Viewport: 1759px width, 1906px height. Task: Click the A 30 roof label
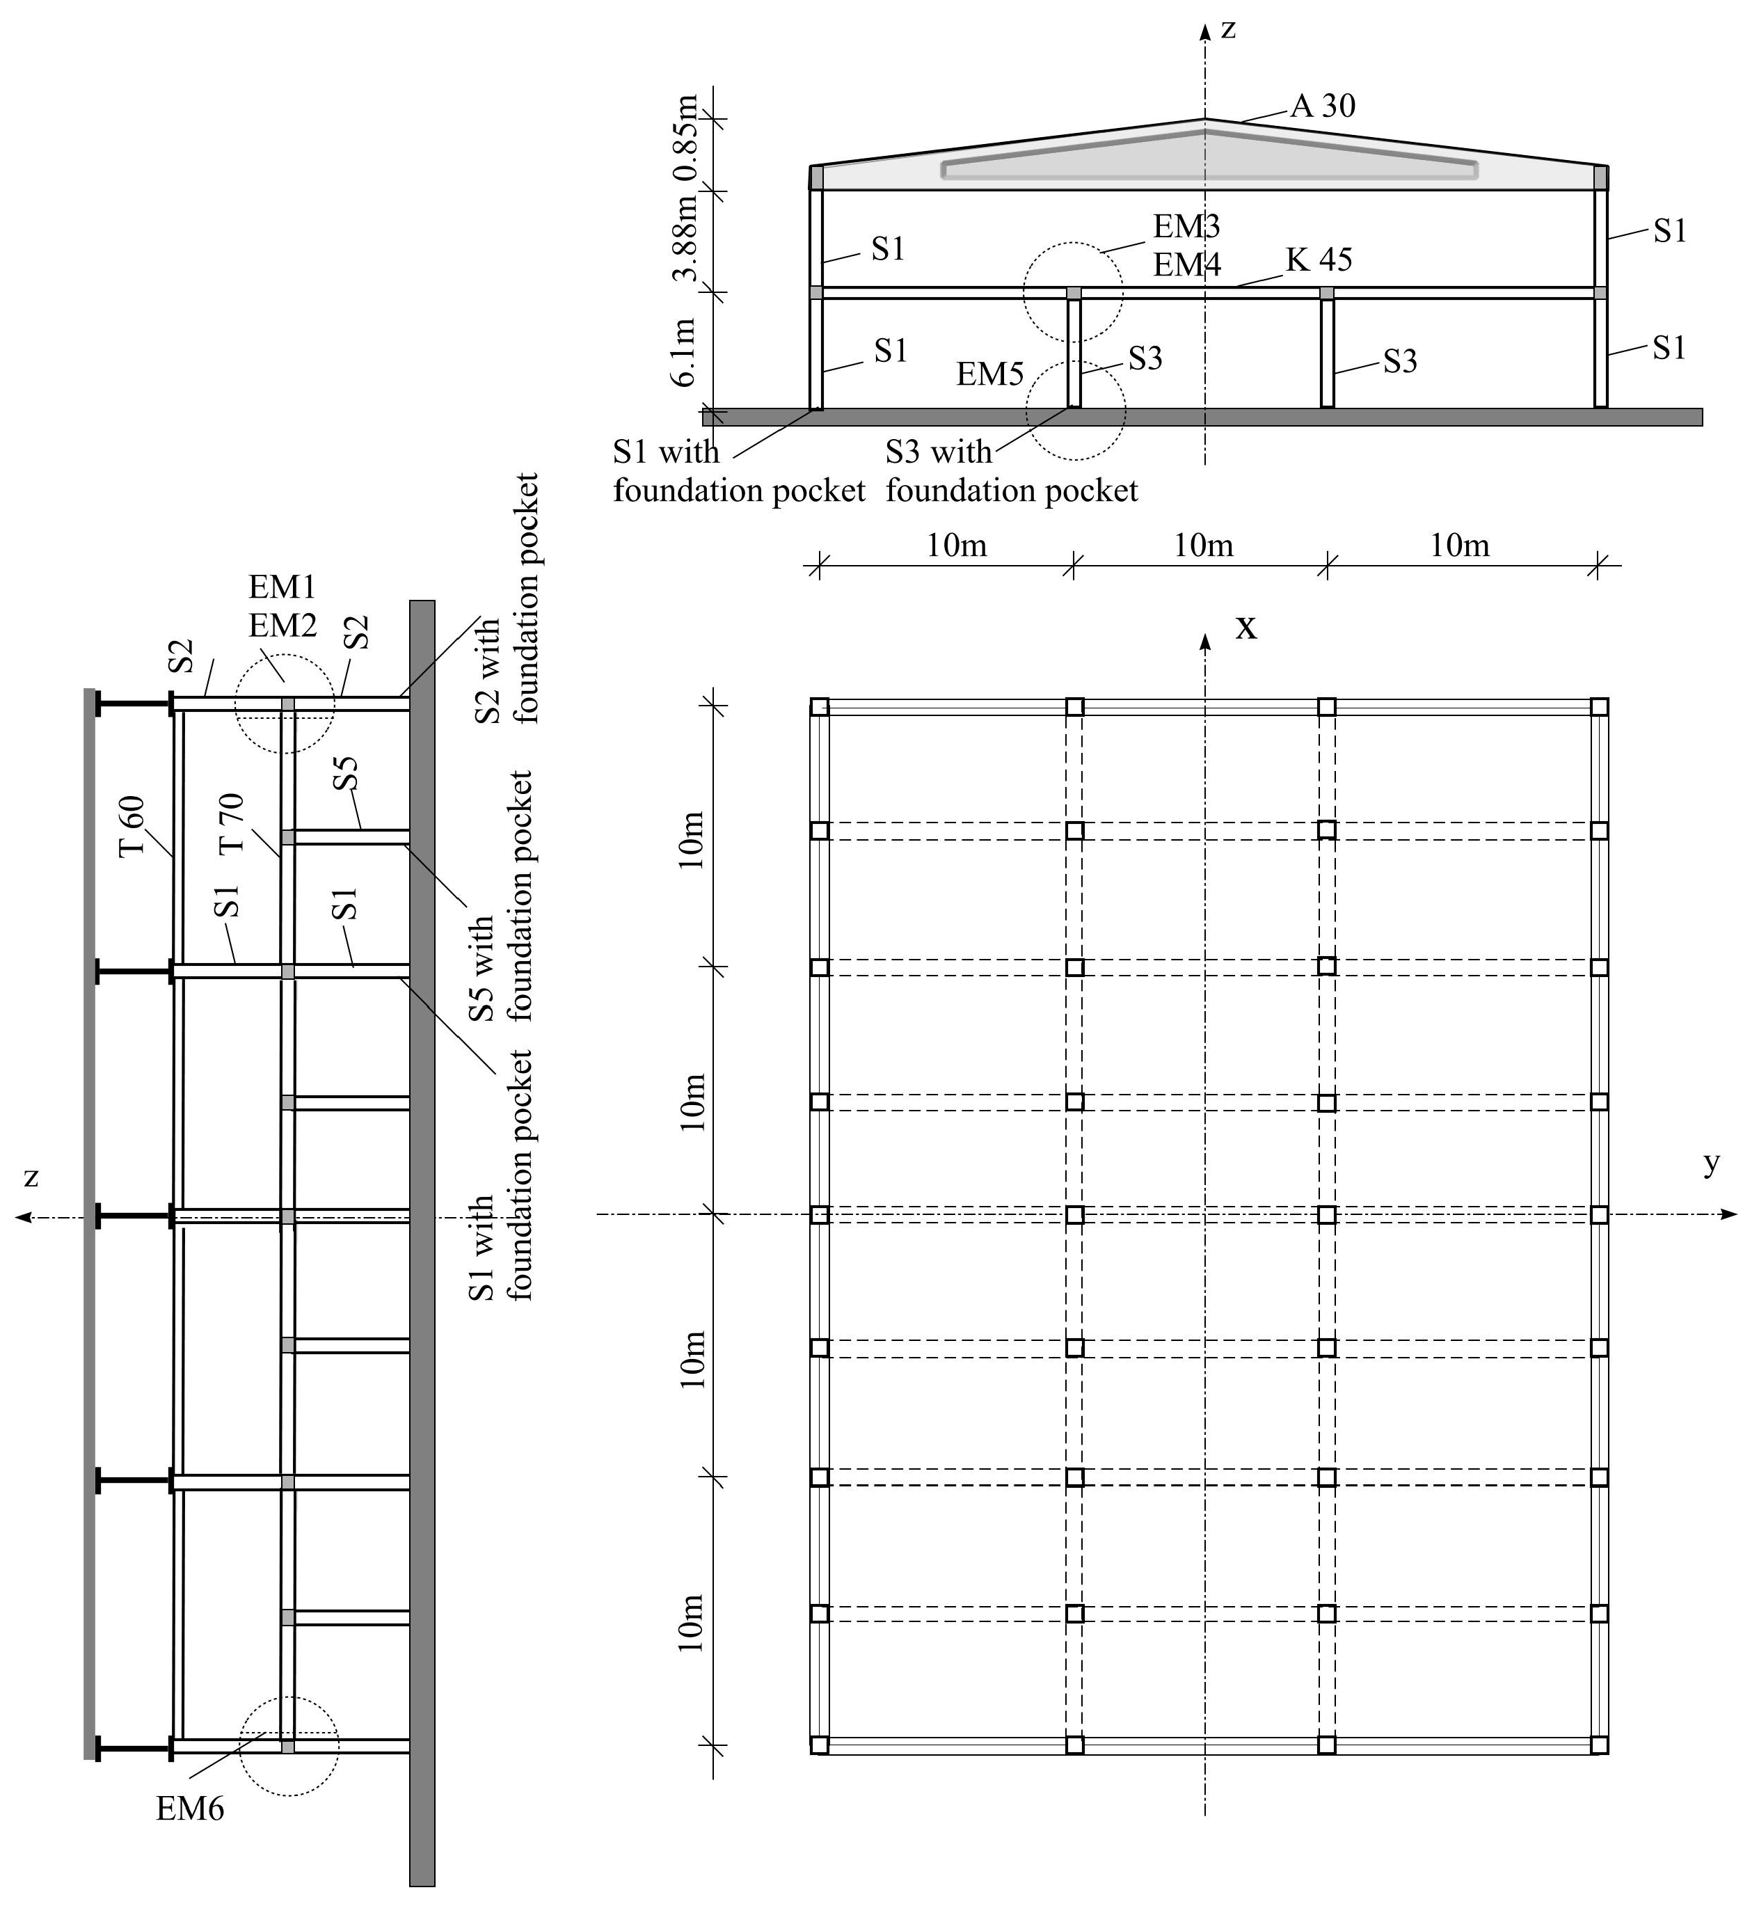tap(1322, 106)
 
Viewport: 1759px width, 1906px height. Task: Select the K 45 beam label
tap(1319, 260)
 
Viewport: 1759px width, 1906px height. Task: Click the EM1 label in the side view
tap(282, 587)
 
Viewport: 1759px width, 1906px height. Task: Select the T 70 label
tap(231, 823)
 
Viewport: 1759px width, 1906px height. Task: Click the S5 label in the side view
tap(347, 773)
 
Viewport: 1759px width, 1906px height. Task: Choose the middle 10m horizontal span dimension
tap(1203, 546)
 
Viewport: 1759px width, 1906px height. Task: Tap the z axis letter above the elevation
tap(1229, 29)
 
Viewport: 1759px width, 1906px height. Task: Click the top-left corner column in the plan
tap(820, 706)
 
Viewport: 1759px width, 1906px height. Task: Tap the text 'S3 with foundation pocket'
tap(1011, 471)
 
